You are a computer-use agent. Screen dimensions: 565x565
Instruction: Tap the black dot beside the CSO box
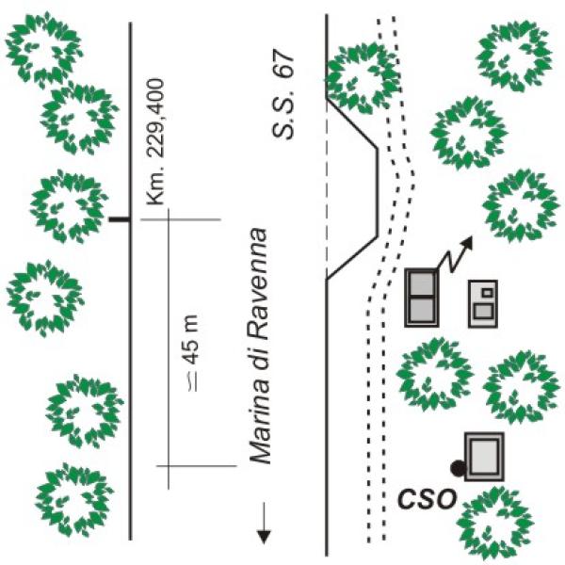click(458, 467)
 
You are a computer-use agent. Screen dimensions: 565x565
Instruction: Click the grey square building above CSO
click(484, 457)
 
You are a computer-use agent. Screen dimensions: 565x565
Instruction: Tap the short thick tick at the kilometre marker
click(118, 219)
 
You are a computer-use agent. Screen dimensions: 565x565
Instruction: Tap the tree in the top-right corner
click(514, 52)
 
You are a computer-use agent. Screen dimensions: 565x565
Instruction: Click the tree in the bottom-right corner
click(497, 524)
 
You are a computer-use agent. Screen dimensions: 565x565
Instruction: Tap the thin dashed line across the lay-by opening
click(326, 188)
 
